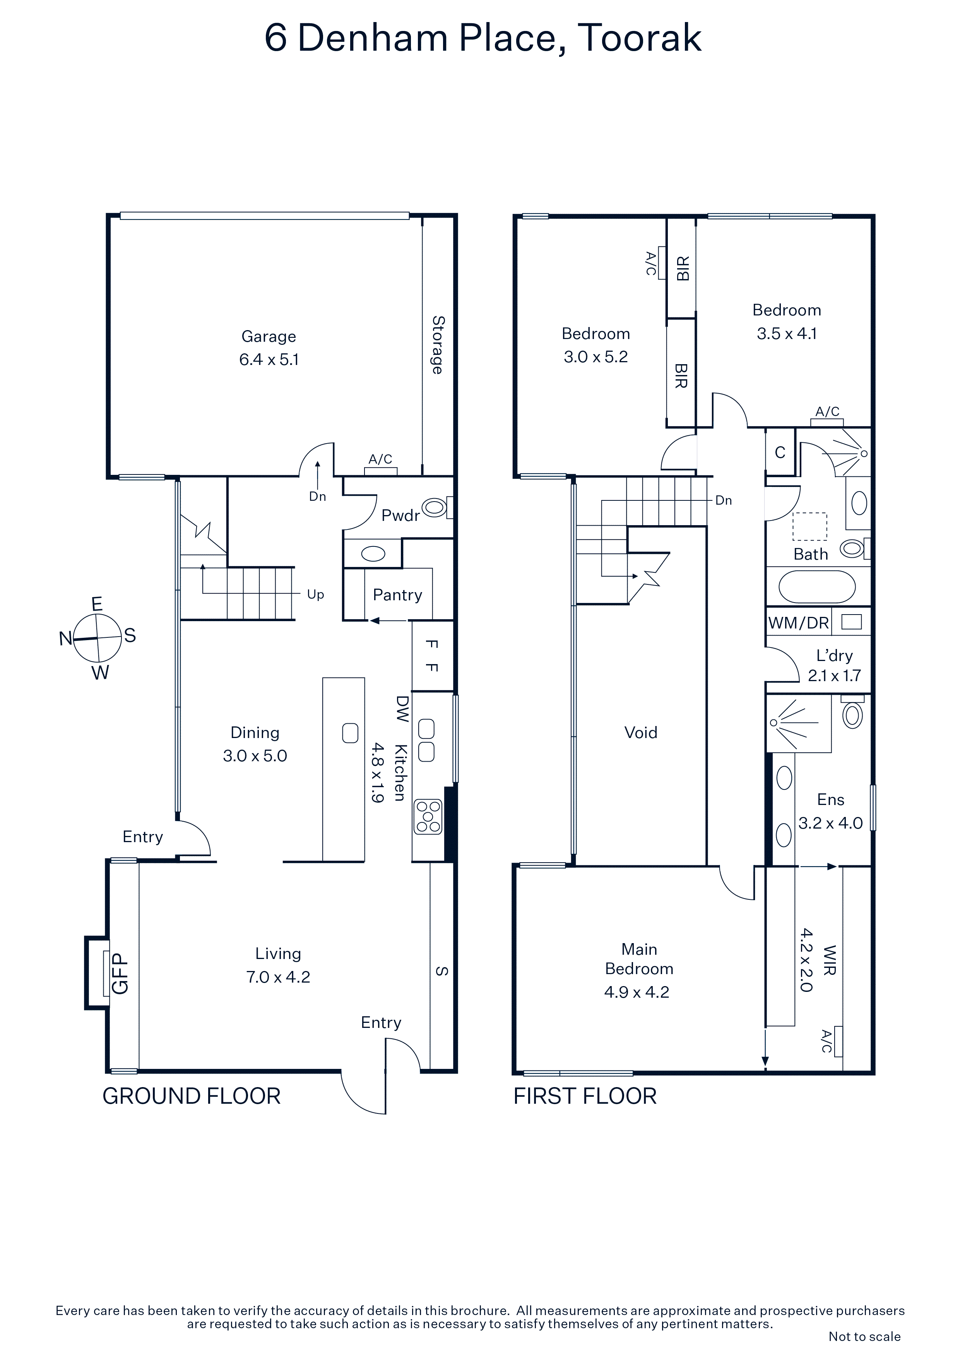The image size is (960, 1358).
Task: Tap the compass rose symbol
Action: coord(97,638)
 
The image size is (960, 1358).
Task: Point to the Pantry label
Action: coord(397,594)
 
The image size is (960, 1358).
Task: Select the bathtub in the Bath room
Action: coord(817,587)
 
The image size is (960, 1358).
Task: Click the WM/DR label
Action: coord(799,622)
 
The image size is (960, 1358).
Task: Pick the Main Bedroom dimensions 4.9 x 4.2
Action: coord(637,992)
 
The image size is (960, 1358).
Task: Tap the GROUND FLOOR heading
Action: coord(192,1096)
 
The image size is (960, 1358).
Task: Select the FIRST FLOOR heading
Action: coord(585,1096)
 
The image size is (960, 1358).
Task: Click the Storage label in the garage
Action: coord(438,345)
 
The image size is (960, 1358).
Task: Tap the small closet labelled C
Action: coord(780,452)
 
